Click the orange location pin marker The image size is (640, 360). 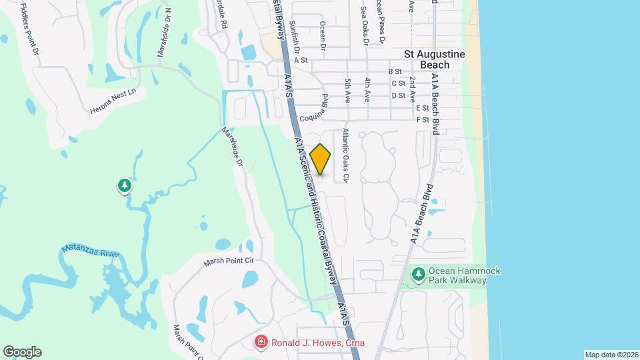tap(321, 159)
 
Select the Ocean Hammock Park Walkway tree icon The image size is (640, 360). tap(418, 275)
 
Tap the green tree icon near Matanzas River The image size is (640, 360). tap(125, 186)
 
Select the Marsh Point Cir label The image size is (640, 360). tap(230, 261)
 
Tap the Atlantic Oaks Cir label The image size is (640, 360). tap(345, 155)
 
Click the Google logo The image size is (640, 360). tap(22, 352)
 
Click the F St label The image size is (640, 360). tap(421, 120)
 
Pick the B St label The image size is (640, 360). tap(395, 71)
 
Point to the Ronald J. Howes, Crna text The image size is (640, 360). tap(319, 343)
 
